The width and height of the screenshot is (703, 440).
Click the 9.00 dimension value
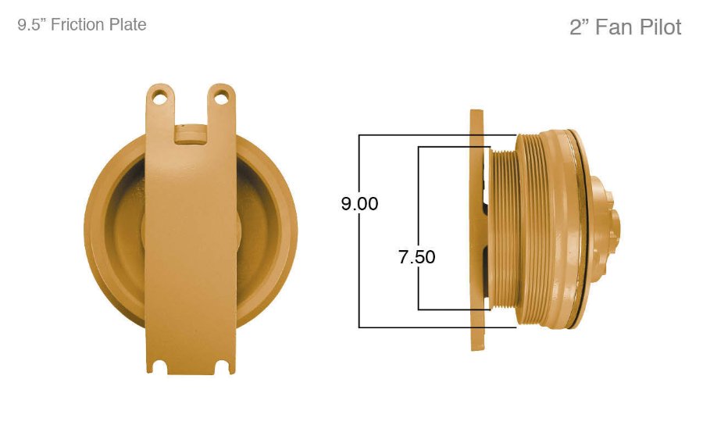359,204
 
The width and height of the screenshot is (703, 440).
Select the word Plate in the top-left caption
127,25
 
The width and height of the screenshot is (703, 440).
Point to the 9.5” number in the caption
32,25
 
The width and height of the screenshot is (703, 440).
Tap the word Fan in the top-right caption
612,27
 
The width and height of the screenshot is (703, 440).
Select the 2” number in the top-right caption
579,27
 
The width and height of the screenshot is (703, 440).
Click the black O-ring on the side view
580,227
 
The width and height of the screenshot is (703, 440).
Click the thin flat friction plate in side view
476,231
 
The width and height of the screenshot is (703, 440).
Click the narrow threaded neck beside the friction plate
500,231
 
